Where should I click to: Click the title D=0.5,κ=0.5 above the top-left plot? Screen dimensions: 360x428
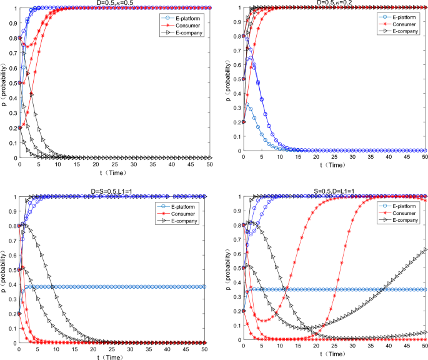point(113,3)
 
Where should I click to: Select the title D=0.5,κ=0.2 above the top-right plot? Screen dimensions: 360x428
point(335,3)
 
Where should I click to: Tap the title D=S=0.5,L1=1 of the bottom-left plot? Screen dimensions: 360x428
point(113,192)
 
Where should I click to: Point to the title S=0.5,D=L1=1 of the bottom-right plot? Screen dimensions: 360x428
point(335,192)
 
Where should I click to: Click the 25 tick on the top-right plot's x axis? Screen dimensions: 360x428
point(335,157)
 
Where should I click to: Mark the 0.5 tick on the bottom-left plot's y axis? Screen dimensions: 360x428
point(12,269)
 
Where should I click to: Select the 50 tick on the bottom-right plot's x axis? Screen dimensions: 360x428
point(425,346)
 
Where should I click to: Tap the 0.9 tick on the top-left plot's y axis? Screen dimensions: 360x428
point(12,22)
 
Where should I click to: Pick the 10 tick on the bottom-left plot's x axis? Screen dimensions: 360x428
point(57,346)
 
